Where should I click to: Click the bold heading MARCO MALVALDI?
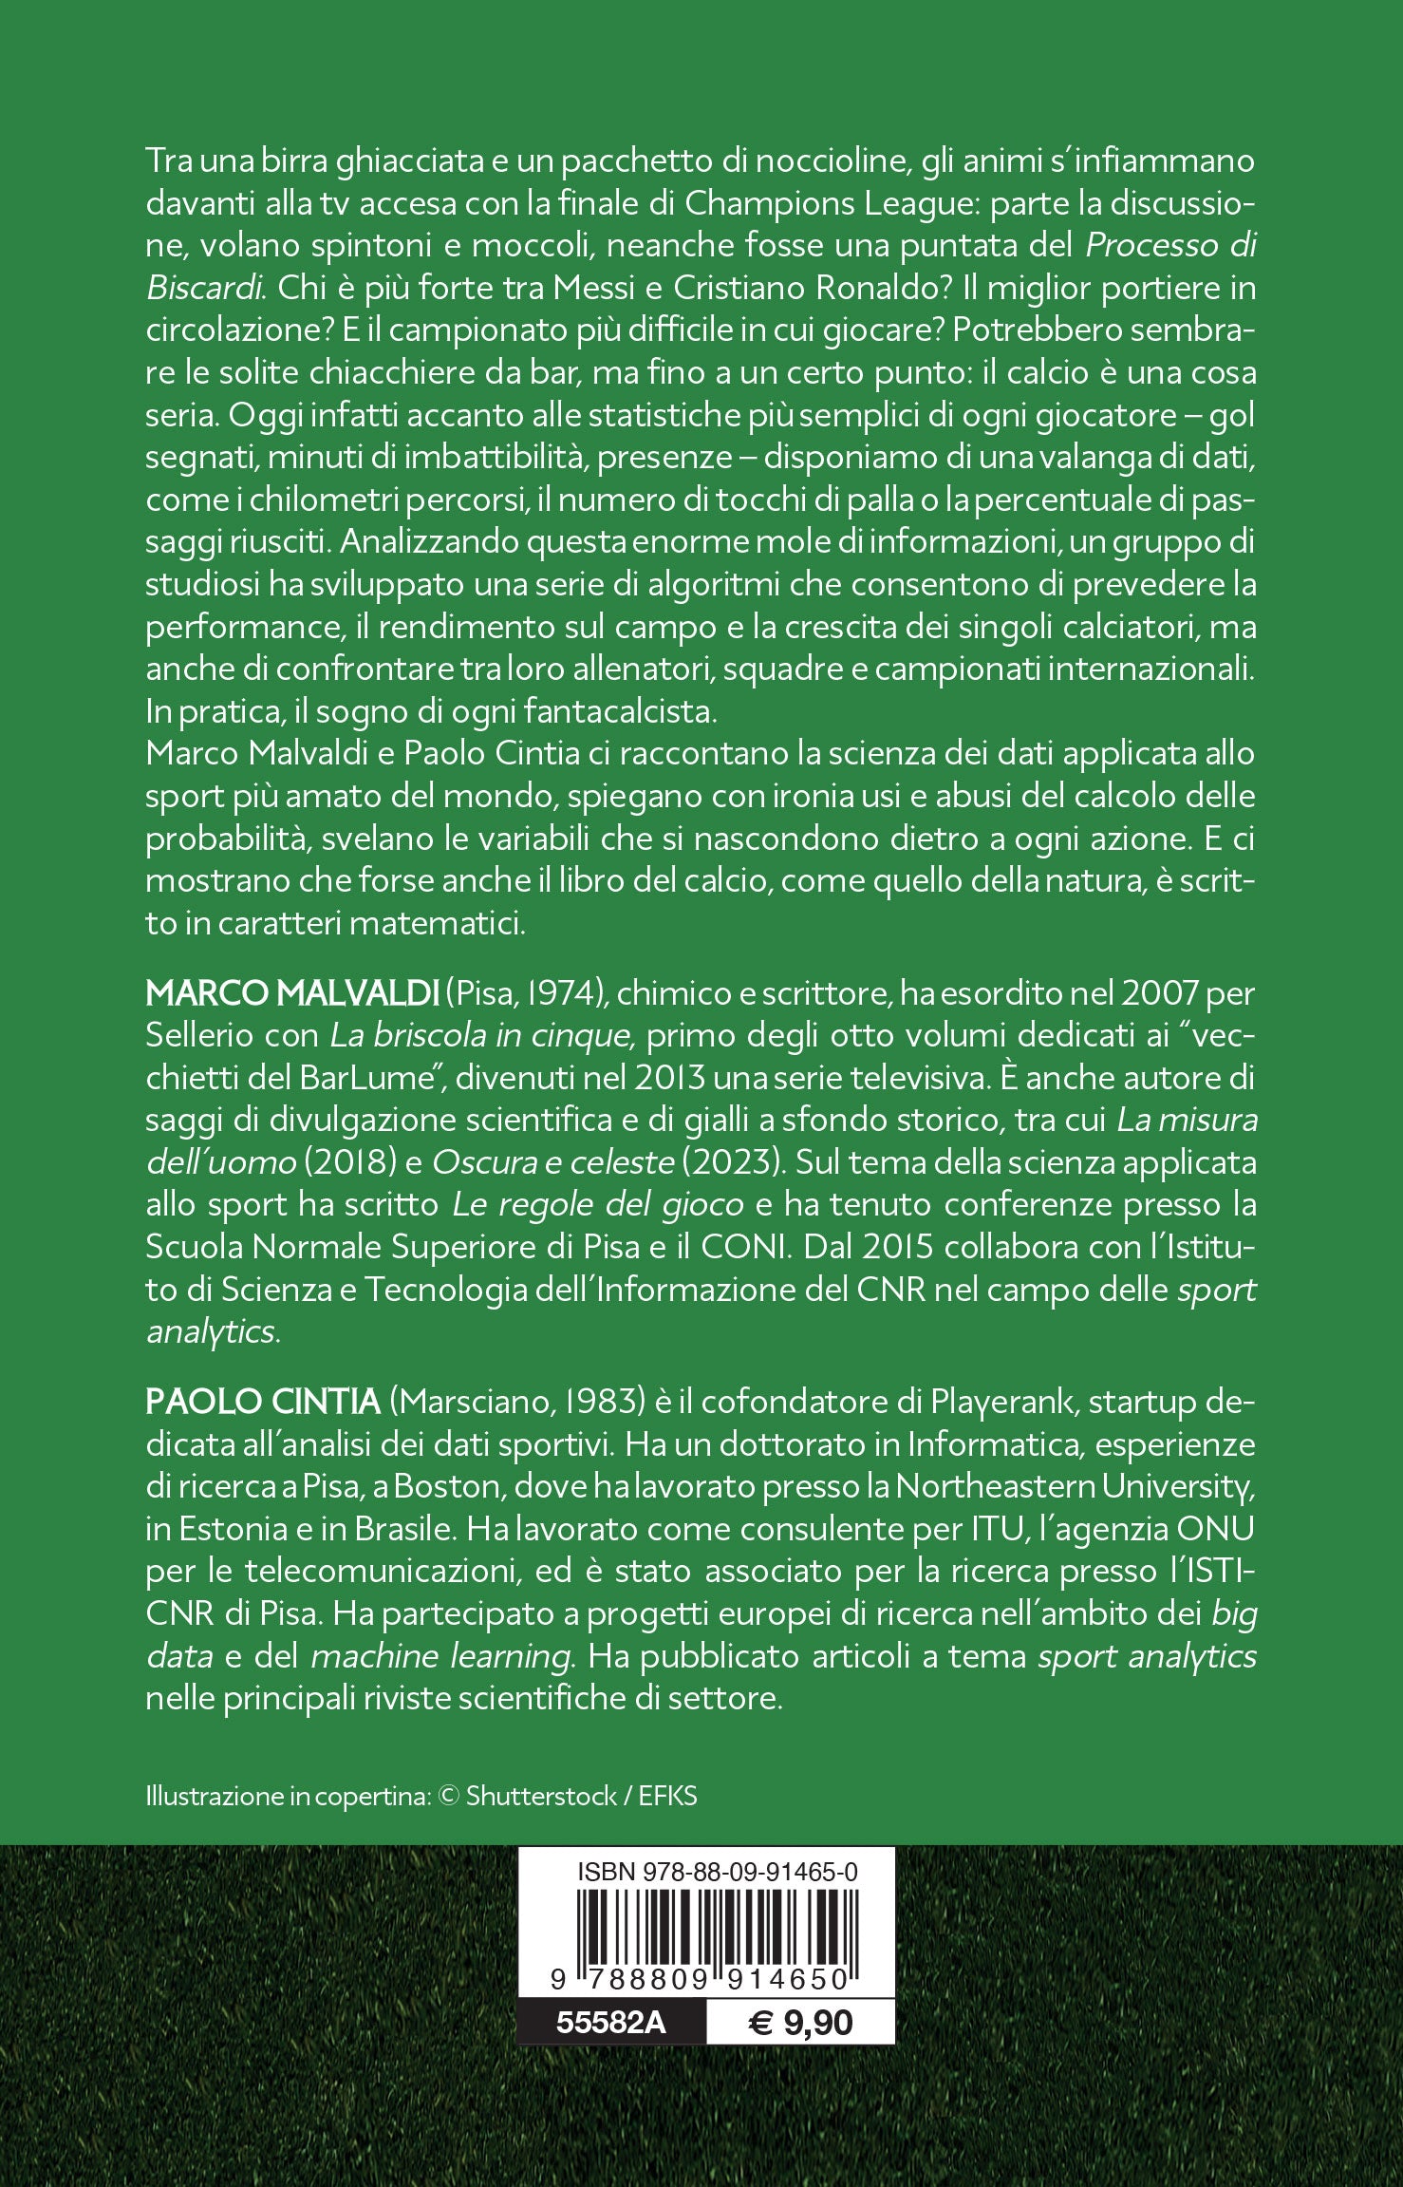pyautogui.click(x=290, y=993)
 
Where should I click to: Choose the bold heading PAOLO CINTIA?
pyautogui.click(x=262, y=1402)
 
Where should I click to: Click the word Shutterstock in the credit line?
pyautogui.click(x=541, y=1796)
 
